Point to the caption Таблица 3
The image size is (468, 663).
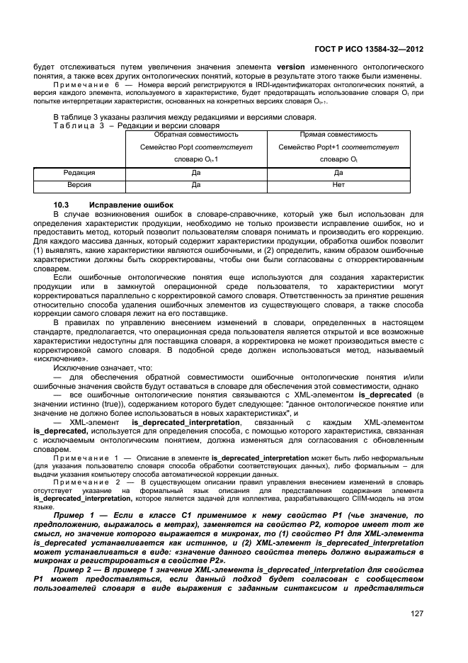click(74, 125)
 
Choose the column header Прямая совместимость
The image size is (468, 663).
click(338, 134)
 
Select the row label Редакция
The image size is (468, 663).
click(79, 173)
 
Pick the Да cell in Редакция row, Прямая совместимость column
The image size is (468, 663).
click(338, 173)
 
